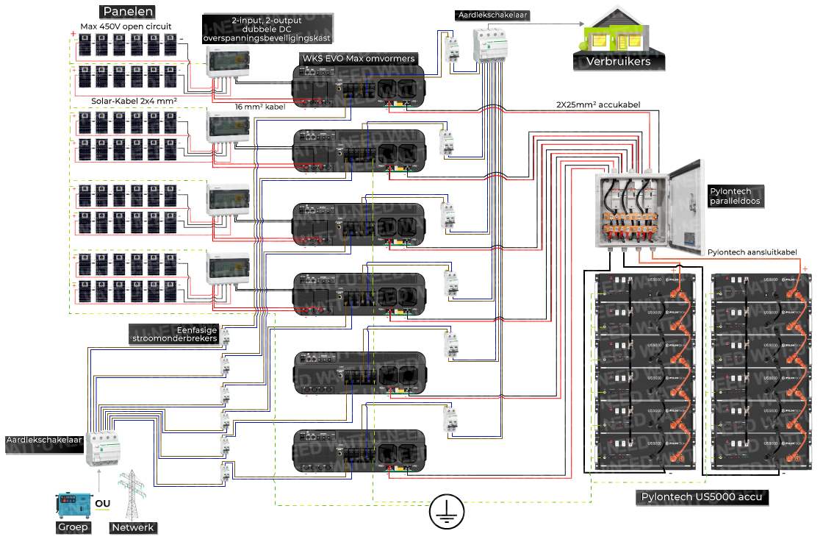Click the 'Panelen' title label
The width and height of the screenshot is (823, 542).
click(x=129, y=12)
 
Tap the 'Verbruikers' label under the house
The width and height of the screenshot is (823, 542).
click(x=618, y=62)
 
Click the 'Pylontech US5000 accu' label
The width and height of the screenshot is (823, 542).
click(x=702, y=498)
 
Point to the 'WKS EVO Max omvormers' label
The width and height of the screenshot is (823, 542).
click(x=358, y=58)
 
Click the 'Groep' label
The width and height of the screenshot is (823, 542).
click(x=73, y=527)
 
